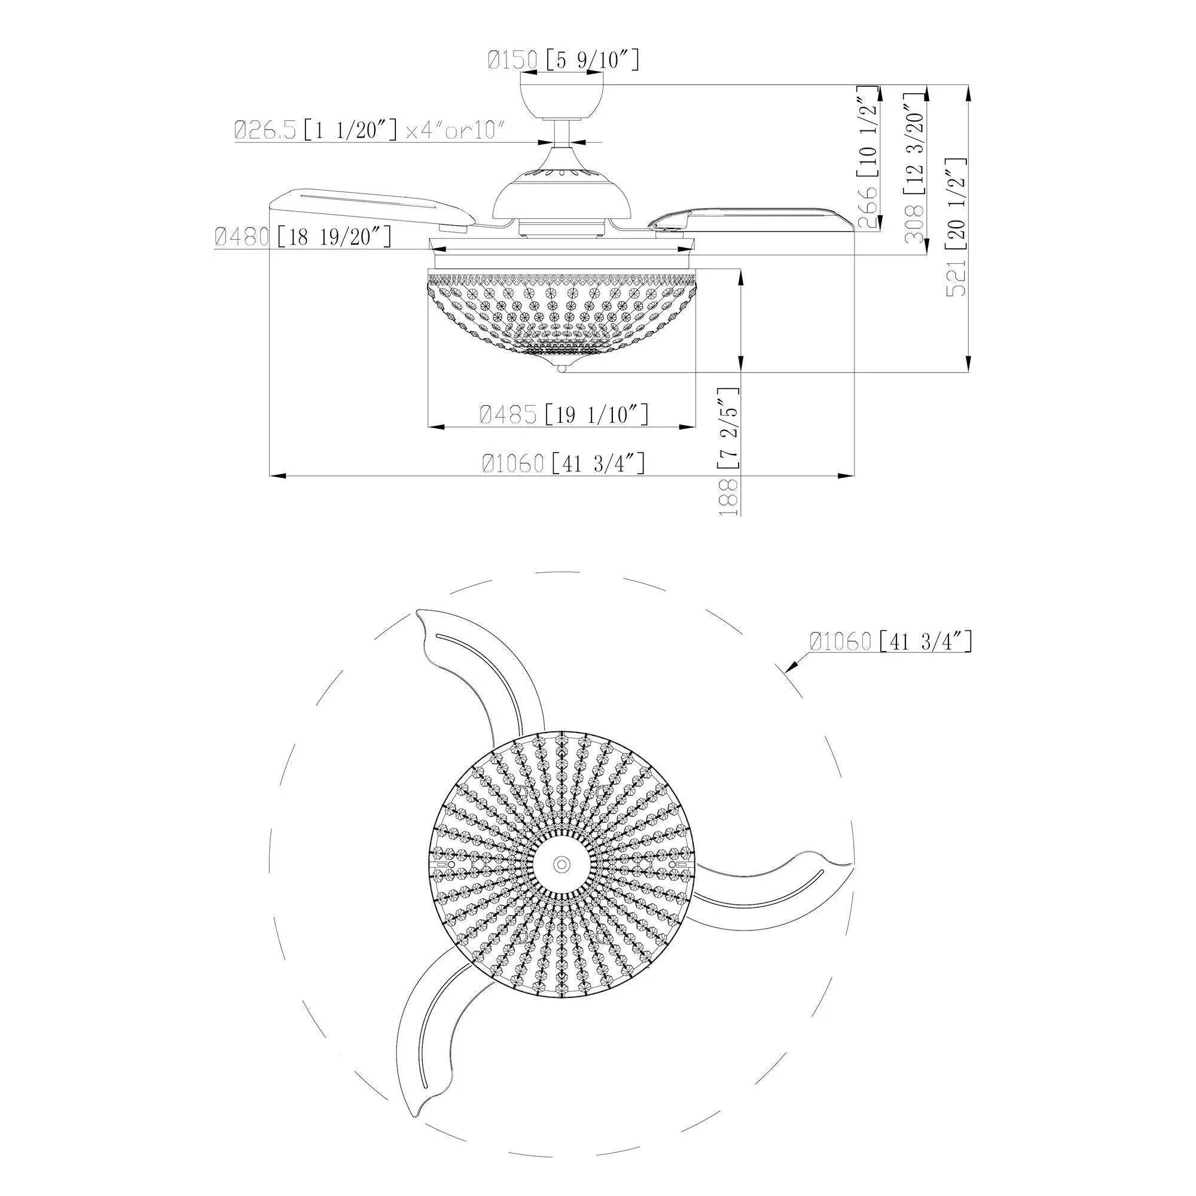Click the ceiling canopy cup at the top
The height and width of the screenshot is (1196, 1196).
point(562,99)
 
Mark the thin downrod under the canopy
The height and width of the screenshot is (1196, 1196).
point(562,133)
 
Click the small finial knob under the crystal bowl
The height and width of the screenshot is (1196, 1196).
point(562,369)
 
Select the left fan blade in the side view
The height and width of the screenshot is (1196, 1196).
point(371,209)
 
